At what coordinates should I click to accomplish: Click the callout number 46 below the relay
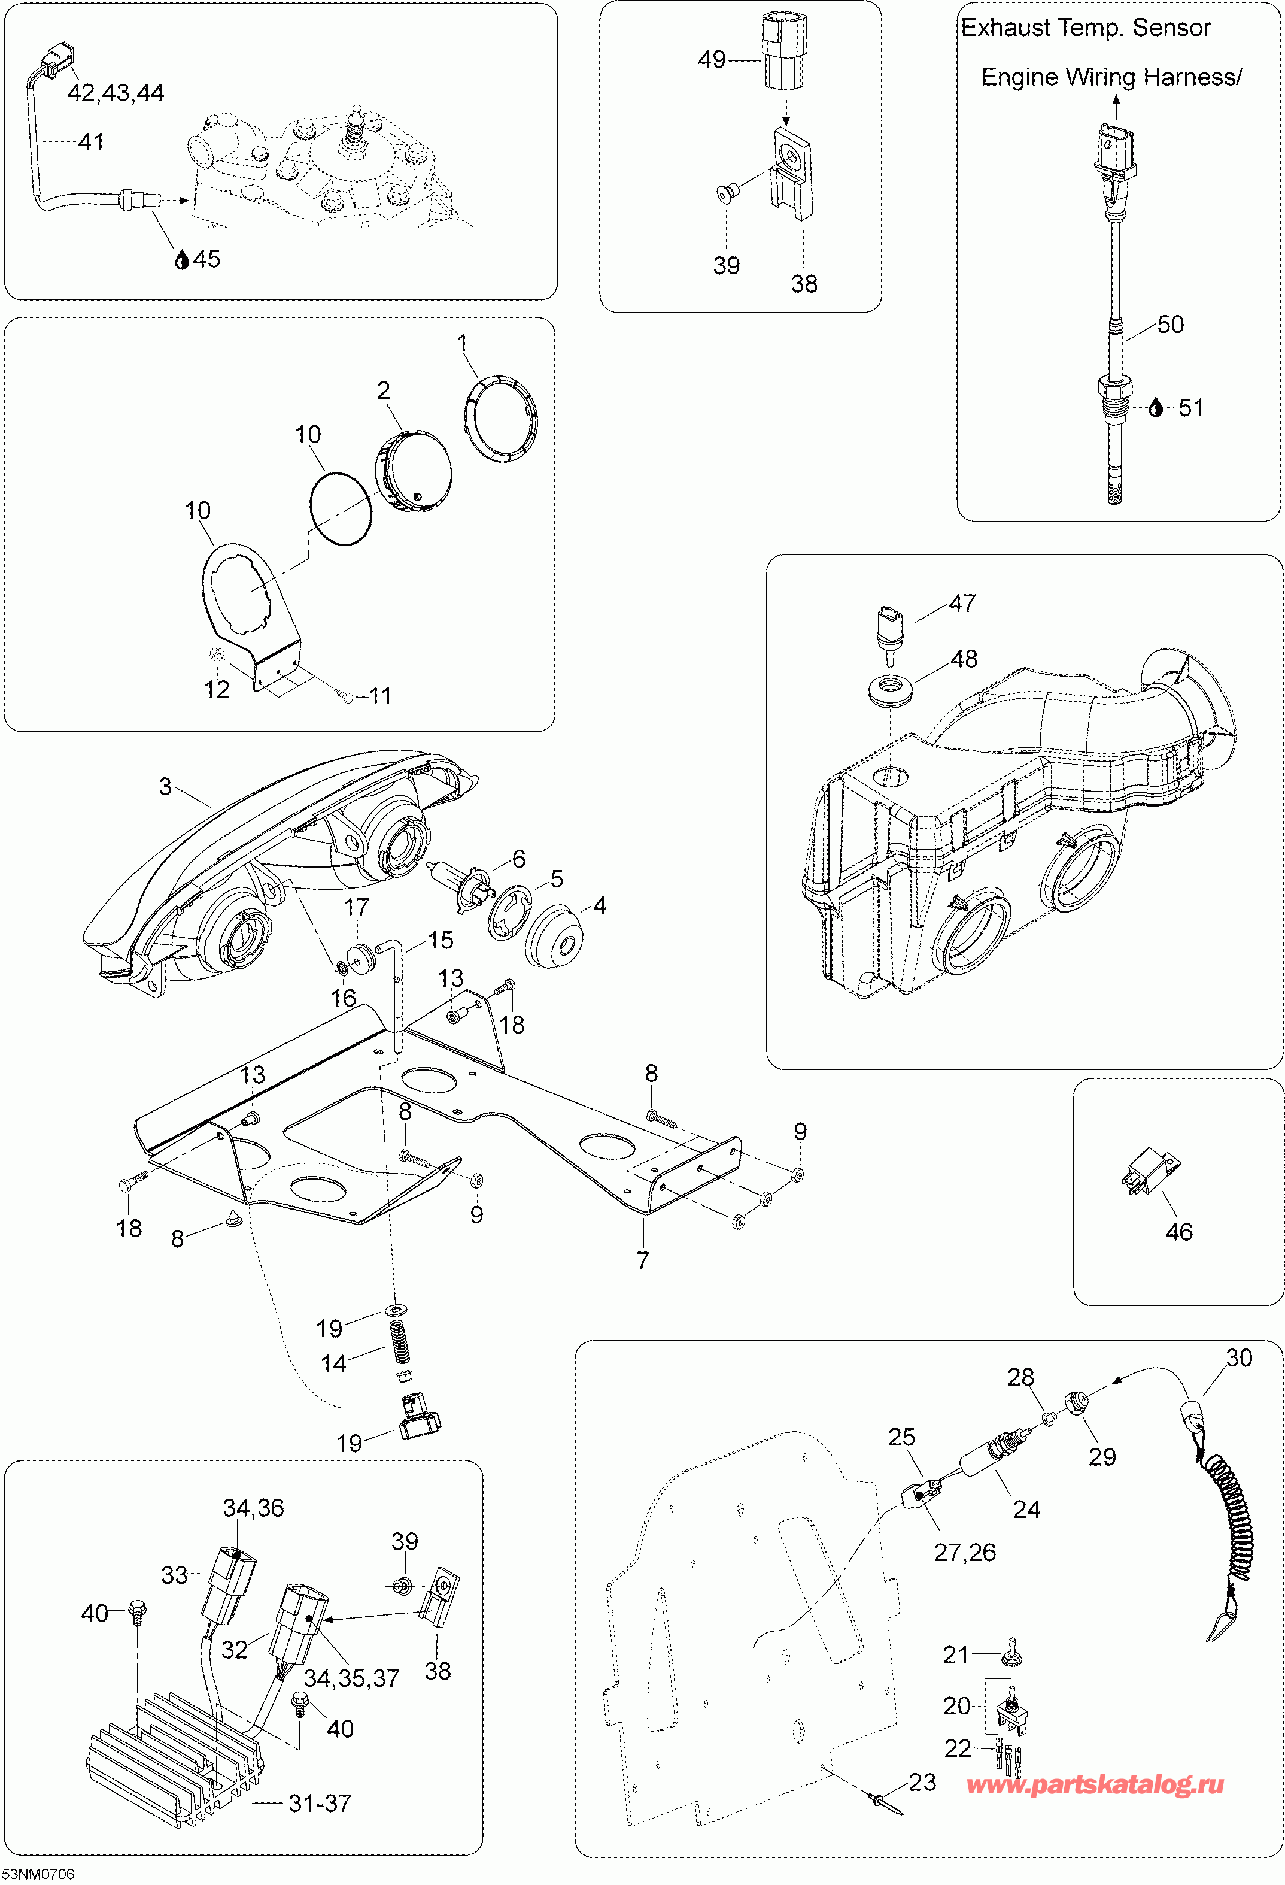click(x=1179, y=1232)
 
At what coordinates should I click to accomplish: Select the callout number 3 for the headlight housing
click(x=165, y=786)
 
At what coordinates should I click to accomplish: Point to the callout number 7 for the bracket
click(x=643, y=1260)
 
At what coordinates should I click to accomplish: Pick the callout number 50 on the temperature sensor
click(x=1170, y=325)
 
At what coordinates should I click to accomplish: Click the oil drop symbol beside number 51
click(x=1156, y=408)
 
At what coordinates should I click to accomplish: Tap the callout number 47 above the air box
click(x=962, y=604)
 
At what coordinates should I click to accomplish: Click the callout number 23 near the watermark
click(x=922, y=1782)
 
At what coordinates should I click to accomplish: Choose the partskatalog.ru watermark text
click(x=1095, y=1784)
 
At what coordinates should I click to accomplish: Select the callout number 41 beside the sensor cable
click(x=91, y=142)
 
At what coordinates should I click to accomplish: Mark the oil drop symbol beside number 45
click(x=183, y=259)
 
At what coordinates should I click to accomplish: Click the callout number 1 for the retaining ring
click(x=463, y=343)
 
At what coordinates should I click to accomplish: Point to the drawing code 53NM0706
click(x=38, y=1874)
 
